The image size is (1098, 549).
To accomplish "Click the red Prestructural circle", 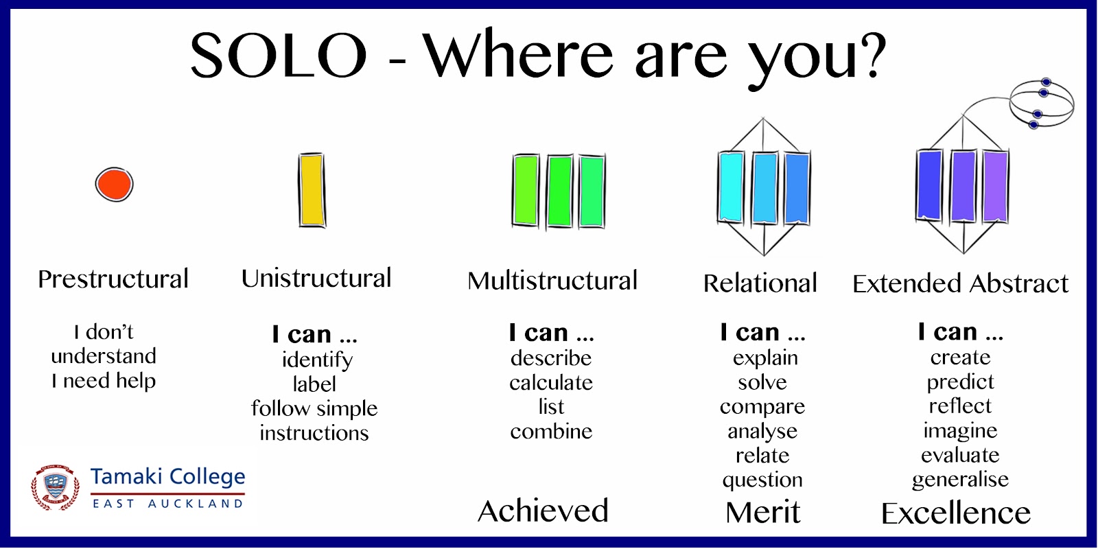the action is click(x=114, y=185).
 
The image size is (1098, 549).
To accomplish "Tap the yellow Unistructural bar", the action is click(x=312, y=190).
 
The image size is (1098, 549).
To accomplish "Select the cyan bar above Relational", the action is click(x=732, y=188).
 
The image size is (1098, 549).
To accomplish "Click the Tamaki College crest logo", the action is click(x=56, y=487).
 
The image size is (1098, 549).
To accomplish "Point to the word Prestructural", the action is click(x=113, y=279).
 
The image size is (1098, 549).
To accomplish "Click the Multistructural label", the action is click(x=552, y=281).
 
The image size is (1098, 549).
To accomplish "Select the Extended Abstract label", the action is click(x=960, y=283).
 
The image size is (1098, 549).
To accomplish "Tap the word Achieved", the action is click(x=543, y=511).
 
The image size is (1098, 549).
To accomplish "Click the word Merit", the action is click(x=762, y=512).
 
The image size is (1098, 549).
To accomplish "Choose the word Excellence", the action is click(x=956, y=513).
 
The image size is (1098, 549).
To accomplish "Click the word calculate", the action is click(x=551, y=382).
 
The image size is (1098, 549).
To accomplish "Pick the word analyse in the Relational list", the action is click(x=762, y=432).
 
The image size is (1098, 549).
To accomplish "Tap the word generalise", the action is click(x=960, y=480).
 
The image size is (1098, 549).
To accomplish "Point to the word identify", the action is click(x=317, y=360).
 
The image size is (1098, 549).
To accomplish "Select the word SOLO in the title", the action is click(x=279, y=55).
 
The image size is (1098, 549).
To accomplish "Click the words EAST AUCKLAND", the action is click(x=167, y=504).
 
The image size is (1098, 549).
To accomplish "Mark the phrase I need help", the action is click(x=104, y=381).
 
